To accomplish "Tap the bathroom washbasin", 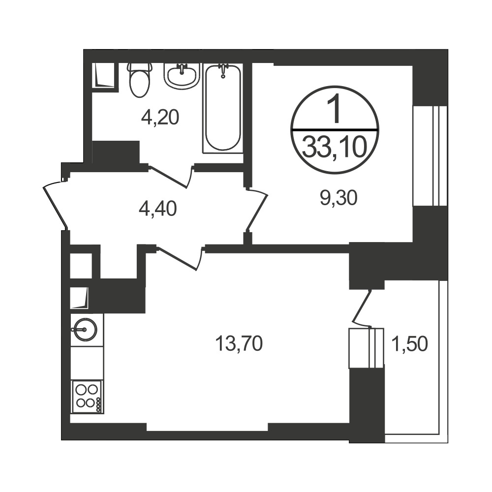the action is (x=182, y=76).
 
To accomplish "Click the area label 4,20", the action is (x=160, y=118).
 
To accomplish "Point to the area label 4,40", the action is (x=158, y=209).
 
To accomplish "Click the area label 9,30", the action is (x=339, y=198).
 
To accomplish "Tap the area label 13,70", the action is (x=239, y=343).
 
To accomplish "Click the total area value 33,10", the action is (x=335, y=148).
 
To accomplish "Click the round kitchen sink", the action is (x=85, y=330).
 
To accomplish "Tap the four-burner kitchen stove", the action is (x=88, y=397).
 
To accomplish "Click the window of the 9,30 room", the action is (x=430, y=156).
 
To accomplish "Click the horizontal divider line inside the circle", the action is (x=335, y=129).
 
